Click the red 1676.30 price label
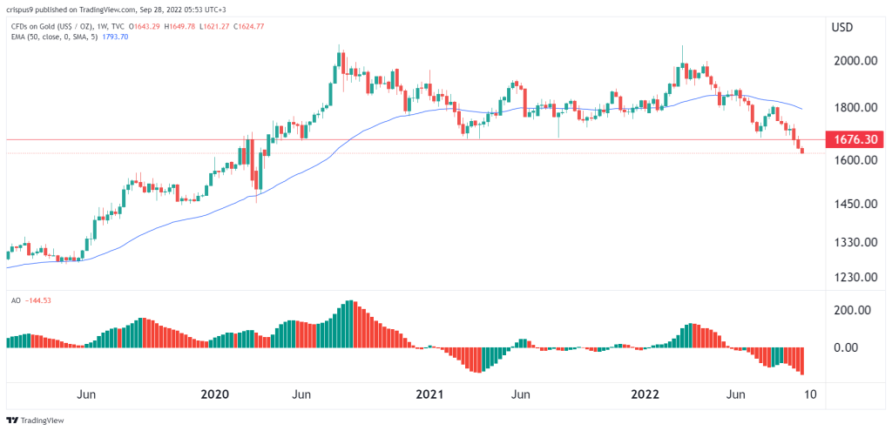[854, 139]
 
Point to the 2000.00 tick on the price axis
[854, 60]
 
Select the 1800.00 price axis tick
[854, 107]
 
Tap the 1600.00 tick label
[854, 160]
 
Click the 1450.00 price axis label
[854, 204]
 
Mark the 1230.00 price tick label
[854, 277]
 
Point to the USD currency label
[842, 27]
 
